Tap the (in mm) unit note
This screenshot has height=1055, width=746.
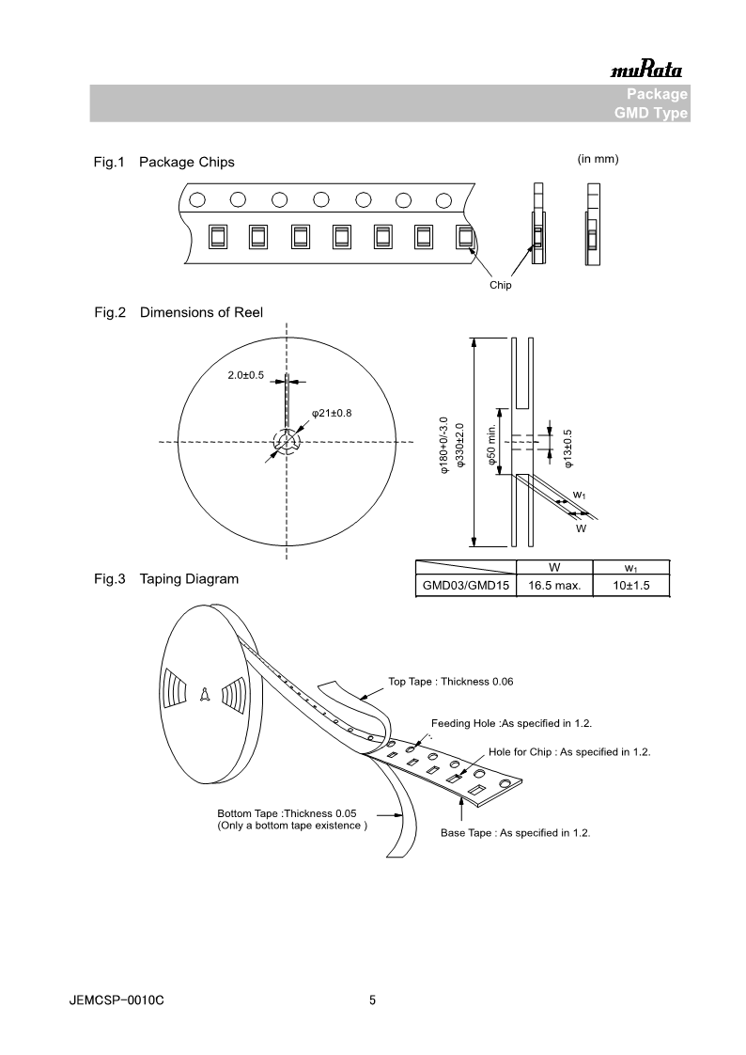click(x=598, y=159)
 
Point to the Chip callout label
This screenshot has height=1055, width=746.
click(x=501, y=286)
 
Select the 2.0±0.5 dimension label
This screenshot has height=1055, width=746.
click(x=246, y=376)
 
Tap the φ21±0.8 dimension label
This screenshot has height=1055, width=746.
click(x=332, y=414)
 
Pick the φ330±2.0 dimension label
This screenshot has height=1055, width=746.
click(x=459, y=447)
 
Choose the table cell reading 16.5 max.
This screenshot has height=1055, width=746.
click(x=554, y=586)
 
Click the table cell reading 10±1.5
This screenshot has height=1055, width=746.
click(x=631, y=586)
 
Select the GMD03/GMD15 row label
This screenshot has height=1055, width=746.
click(x=465, y=586)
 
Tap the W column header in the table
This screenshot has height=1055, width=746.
click(x=554, y=567)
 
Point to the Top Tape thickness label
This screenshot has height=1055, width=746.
click(x=451, y=682)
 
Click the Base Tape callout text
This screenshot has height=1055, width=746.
click(x=516, y=832)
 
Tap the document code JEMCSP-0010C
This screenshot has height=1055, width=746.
click(x=117, y=1001)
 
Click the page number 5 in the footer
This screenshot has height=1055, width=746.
click(x=373, y=1001)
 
